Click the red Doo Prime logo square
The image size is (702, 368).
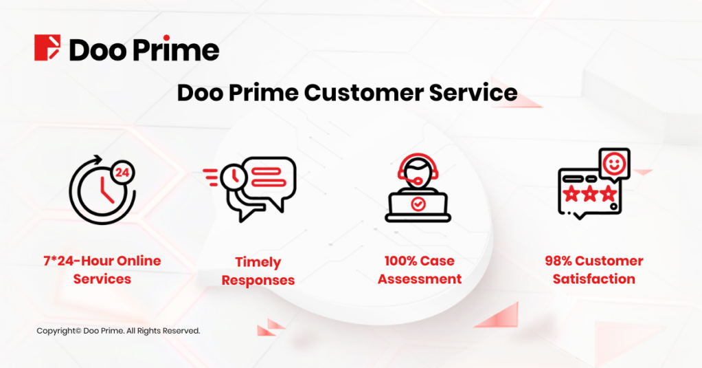click(47, 47)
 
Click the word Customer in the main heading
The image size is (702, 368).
click(363, 93)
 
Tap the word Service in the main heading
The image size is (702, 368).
click(473, 93)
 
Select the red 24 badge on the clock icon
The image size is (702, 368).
click(122, 173)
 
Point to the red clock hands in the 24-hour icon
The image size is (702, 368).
click(106, 190)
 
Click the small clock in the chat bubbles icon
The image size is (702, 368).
click(234, 177)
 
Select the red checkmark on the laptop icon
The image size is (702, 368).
click(418, 204)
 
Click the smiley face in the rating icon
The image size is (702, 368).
click(614, 164)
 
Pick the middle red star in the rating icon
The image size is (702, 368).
click(590, 194)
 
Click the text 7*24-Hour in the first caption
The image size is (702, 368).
click(78, 261)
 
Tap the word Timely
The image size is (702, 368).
click(258, 262)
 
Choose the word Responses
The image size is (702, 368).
click(258, 280)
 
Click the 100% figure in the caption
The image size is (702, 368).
click(400, 261)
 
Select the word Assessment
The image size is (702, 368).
click(420, 279)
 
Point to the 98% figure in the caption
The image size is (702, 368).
click(558, 261)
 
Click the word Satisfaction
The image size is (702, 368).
click(593, 279)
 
